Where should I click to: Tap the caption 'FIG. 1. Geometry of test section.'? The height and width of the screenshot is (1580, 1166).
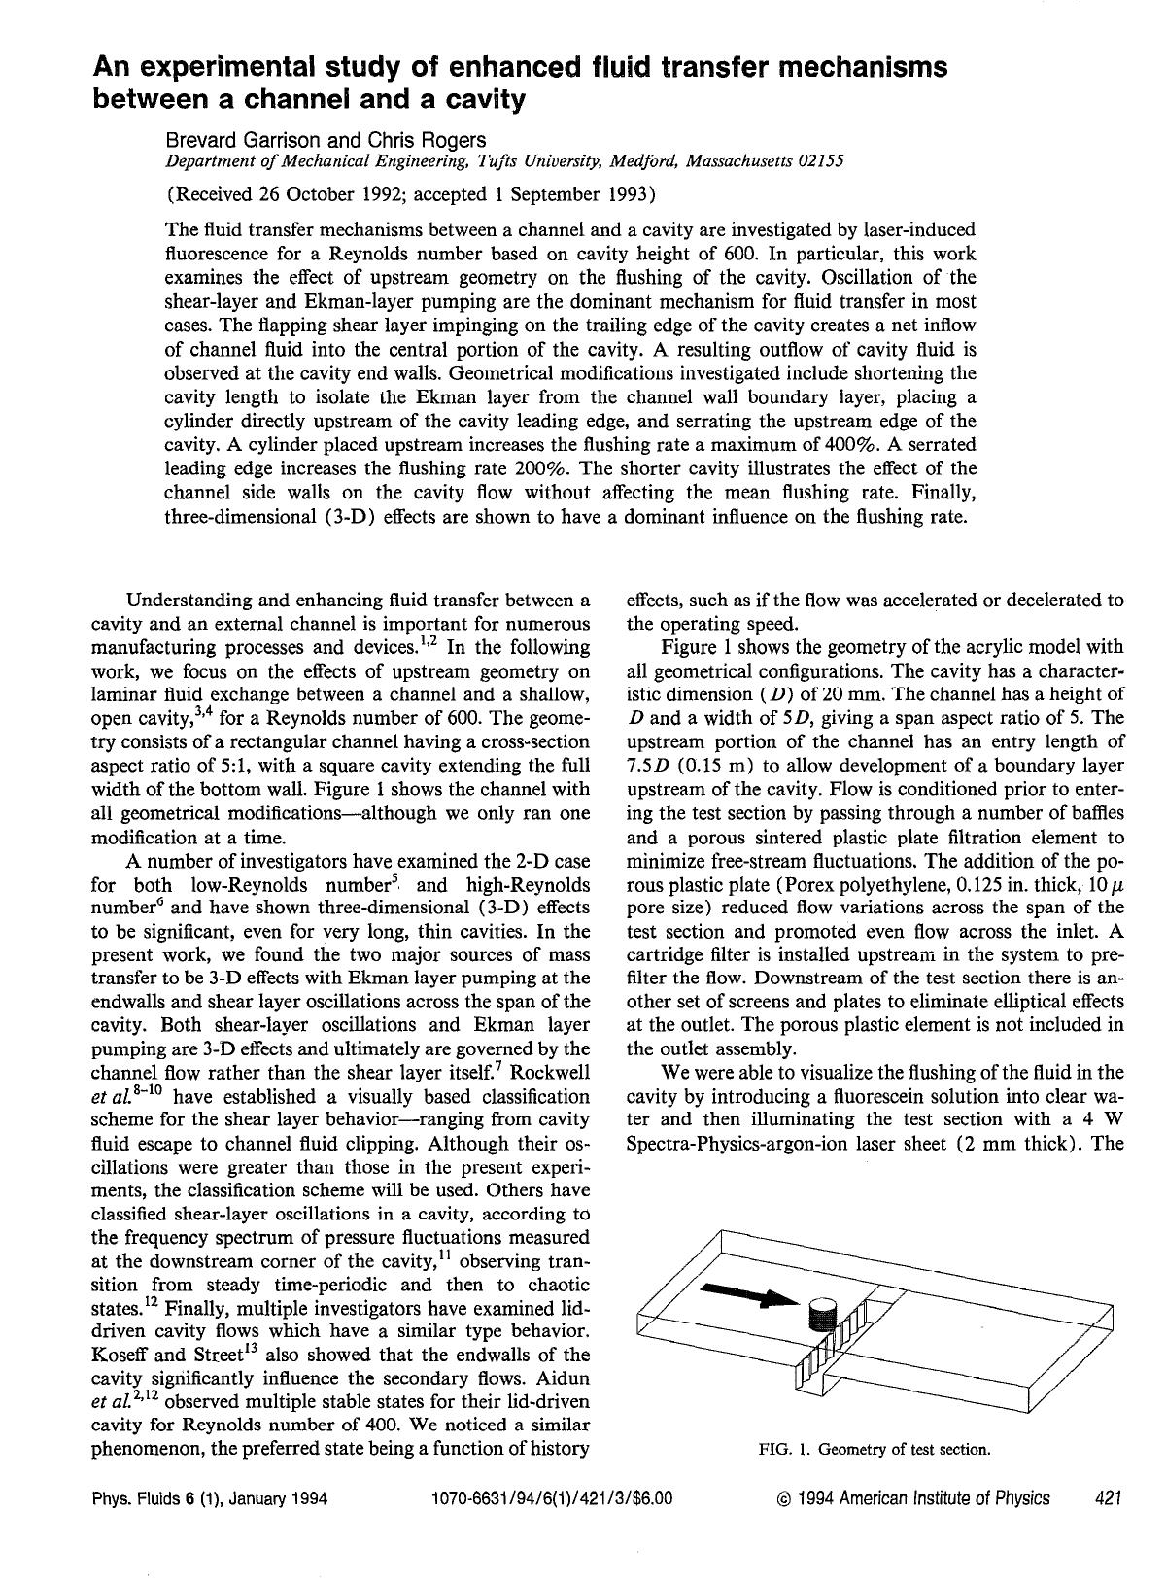[874, 1449]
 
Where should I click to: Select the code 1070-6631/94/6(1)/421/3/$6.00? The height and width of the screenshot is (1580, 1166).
[551, 1497]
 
